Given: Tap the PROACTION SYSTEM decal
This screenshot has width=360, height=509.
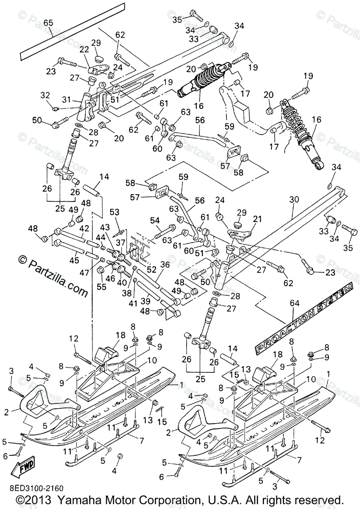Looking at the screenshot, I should (x=304, y=318).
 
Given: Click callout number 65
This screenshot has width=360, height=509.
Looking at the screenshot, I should (x=48, y=23).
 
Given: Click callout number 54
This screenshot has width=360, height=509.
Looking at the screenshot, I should (x=155, y=220).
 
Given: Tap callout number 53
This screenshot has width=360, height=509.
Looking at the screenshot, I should (x=114, y=211).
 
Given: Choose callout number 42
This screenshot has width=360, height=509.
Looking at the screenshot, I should (x=84, y=228).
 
